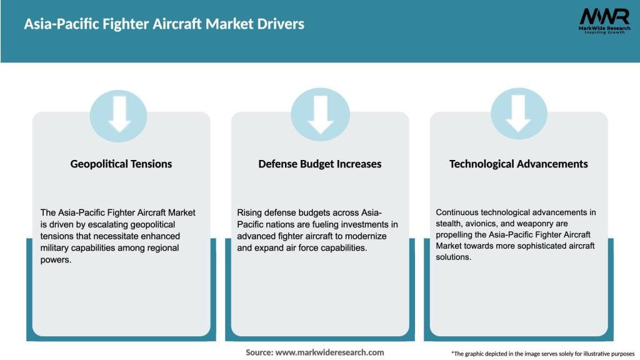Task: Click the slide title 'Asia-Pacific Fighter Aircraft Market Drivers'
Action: click(164, 24)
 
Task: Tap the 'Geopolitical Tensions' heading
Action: click(121, 164)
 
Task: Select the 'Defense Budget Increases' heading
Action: click(320, 164)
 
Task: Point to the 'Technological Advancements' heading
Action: click(519, 164)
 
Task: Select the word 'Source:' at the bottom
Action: click(259, 352)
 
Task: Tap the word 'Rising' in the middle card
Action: click(250, 212)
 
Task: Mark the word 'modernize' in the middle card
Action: click(366, 236)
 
